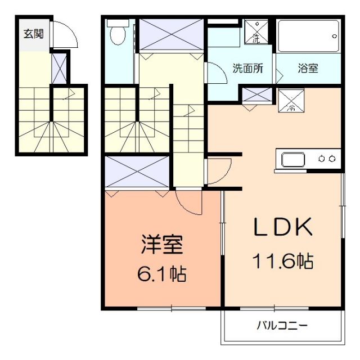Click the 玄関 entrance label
[30, 33]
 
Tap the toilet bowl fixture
[118, 34]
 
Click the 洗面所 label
[247, 69]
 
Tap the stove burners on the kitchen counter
[328, 159]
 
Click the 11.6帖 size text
[282, 260]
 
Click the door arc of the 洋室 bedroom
[188, 201]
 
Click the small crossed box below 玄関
[58, 67]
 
